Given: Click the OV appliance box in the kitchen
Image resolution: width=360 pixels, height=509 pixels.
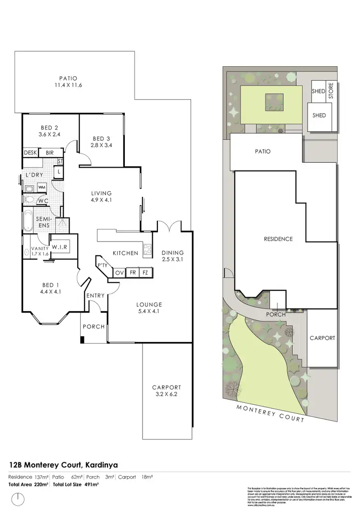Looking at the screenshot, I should click(x=119, y=273).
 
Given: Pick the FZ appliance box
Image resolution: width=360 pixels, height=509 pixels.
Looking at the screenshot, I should click(x=145, y=273).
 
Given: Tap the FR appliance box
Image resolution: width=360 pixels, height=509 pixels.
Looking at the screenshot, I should click(x=132, y=273).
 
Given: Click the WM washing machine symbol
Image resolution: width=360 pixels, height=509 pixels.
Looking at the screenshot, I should click(x=41, y=187).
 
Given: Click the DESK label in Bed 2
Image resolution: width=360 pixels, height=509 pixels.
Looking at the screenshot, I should click(x=30, y=153).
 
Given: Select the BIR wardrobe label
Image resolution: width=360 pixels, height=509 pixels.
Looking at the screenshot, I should click(x=49, y=153).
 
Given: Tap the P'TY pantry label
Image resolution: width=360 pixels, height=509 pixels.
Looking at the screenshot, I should click(x=102, y=265).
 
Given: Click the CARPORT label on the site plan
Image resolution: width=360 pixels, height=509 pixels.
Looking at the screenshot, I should click(x=322, y=338).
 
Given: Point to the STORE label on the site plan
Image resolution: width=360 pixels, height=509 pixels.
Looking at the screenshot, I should click(x=330, y=91).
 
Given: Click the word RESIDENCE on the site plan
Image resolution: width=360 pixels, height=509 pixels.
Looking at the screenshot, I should click(x=278, y=239).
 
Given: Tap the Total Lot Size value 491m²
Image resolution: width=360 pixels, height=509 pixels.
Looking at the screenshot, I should click(x=90, y=485).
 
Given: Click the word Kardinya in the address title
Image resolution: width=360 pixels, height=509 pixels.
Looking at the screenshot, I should click(x=102, y=465).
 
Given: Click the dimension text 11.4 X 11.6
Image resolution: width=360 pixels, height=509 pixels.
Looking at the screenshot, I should click(x=68, y=86).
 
